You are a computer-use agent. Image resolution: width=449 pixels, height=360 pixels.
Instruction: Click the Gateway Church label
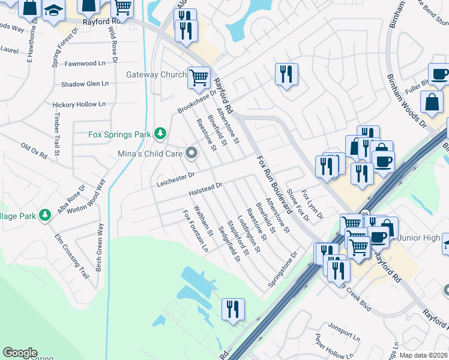tap(156, 75)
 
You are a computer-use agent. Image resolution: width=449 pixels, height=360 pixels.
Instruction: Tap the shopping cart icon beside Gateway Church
tap(199, 77)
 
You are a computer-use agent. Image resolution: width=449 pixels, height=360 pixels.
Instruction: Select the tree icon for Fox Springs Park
tap(160, 134)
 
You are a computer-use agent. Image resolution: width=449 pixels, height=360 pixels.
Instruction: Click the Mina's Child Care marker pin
tap(191, 154)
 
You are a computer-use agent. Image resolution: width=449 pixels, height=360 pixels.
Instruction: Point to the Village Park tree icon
tap(44, 214)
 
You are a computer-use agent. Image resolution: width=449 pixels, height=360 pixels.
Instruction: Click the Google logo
tap(20, 353)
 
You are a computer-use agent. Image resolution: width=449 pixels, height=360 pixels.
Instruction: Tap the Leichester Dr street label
tap(176, 176)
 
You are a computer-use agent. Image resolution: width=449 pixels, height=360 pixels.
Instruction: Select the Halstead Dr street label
tap(205, 189)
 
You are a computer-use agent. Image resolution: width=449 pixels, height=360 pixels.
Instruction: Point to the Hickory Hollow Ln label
tap(79, 104)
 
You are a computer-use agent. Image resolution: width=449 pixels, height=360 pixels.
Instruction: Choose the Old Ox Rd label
tap(34, 151)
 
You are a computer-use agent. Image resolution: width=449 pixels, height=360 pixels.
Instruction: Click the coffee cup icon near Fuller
tap(439, 74)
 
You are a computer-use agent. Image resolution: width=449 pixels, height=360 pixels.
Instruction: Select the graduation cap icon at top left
tap(53, 10)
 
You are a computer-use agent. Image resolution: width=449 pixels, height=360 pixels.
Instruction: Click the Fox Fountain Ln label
tap(196, 230)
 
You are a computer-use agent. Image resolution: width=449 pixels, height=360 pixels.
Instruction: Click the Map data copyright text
tap(424, 355)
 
